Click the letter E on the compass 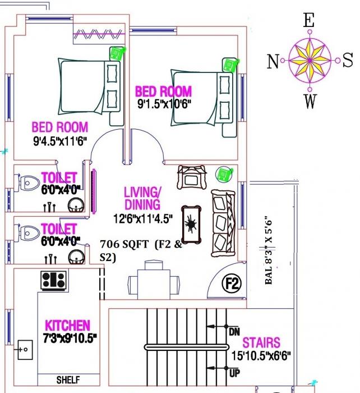pos(308,21)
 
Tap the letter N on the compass pos(273,61)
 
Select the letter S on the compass pos(348,59)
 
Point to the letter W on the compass pos(310,102)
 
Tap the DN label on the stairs pos(234,332)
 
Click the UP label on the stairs pos(234,372)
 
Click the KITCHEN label pos(67,326)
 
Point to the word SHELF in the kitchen pos(68,379)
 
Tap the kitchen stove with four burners pos(54,279)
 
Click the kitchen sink pos(25,350)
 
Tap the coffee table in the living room pos(192,224)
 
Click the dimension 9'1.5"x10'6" pos(164,104)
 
